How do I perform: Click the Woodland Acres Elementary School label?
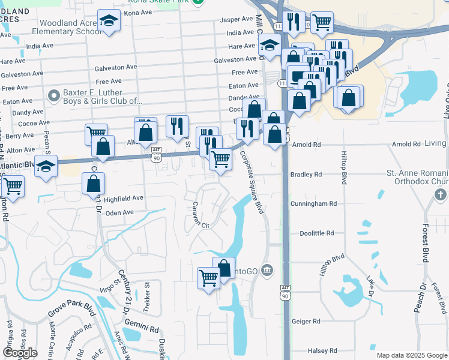click(x=62, y=27)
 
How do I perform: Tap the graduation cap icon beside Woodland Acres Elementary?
click(x=109, y=23)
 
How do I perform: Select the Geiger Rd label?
click(x=306, y=322)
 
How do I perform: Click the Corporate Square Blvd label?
click(x=252, y=182)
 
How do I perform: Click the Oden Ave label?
click(x=119, y=212)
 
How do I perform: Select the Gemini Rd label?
click(x=146, y=329)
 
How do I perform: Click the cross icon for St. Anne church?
click(x=440, y=194)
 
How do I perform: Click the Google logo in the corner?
click(x=20, y=353)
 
